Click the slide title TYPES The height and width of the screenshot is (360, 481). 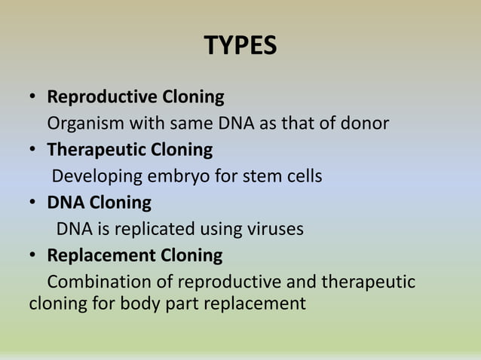pos(240,47)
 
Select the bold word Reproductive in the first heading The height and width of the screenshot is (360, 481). pos(102,97)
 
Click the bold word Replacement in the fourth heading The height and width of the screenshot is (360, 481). pos(101,255)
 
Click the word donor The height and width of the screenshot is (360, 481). pos(366,124)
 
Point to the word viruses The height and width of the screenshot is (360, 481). pos(277,229)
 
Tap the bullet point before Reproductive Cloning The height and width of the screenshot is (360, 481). pos(33,98)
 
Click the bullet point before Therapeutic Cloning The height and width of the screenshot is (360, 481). pos(33,151)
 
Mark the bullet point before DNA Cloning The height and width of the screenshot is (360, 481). pos(33,203)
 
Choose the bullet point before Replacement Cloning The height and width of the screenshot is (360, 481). pos(33,256)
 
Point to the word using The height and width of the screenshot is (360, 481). pos(220,229)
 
